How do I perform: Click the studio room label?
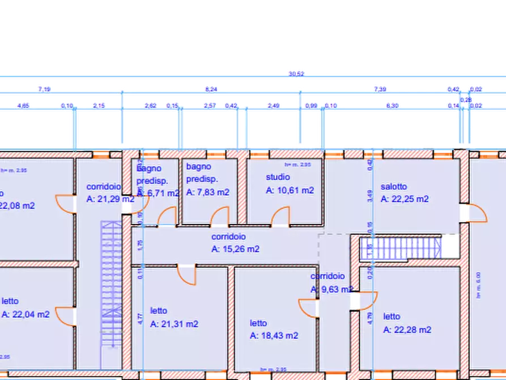[278, 177]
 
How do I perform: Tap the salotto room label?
[393, 187]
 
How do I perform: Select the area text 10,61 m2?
[290, 191]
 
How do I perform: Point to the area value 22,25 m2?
[405, 199]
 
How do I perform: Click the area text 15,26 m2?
[236, 249]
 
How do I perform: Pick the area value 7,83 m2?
[207, 192]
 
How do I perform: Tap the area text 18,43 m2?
[274, 336]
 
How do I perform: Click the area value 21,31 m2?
[174, 324]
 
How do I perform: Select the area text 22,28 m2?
[407, 330]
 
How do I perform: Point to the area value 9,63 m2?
[331, 289]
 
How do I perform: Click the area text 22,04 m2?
[25, 314]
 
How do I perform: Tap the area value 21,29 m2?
[110, 199]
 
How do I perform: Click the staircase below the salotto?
[401, 248]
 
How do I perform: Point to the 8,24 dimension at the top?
[211, 89]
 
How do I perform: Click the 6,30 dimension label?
[392, 105]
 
